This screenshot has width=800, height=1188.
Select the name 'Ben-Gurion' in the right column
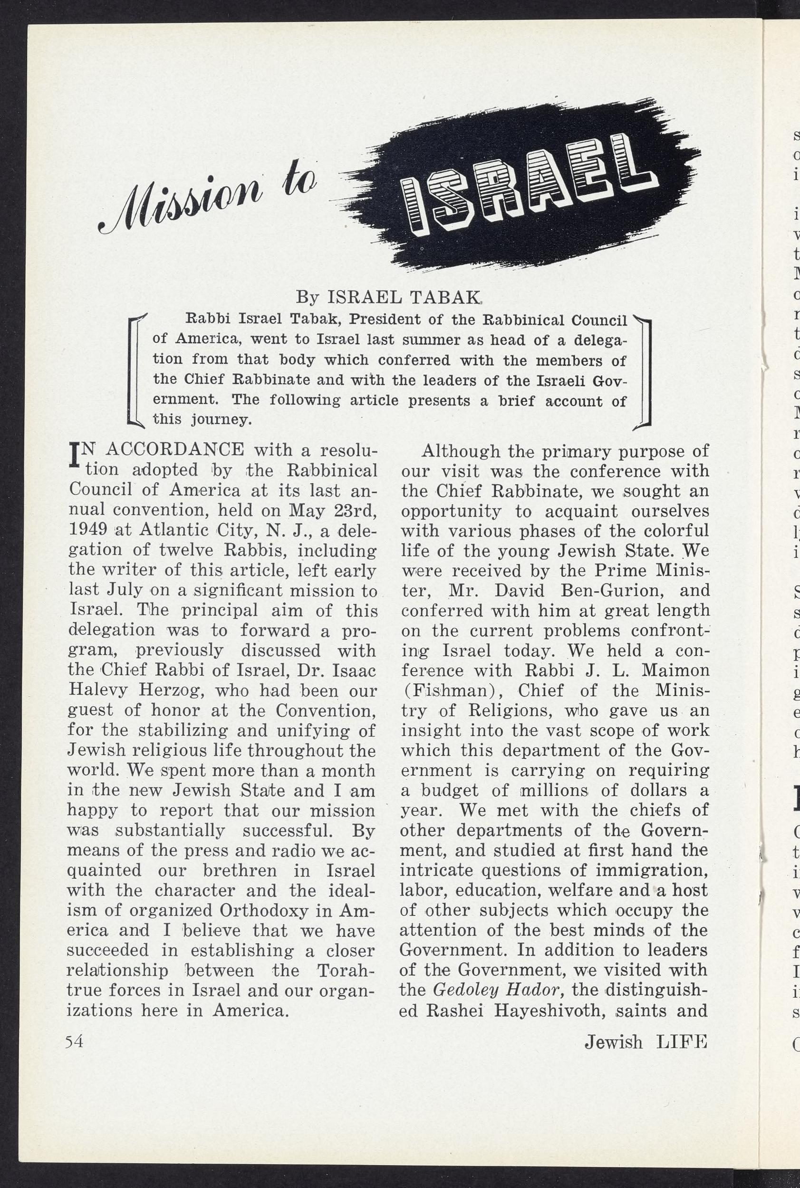click(602, 590)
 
